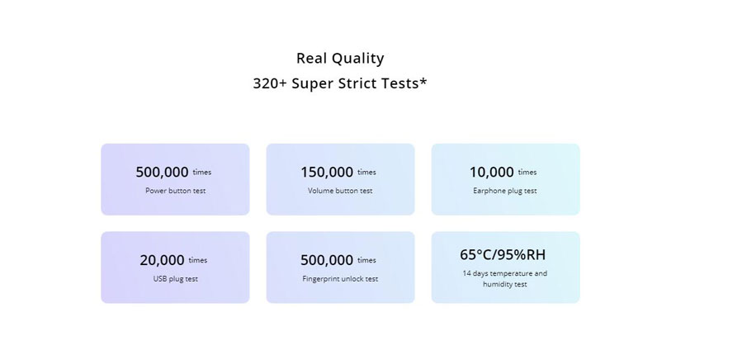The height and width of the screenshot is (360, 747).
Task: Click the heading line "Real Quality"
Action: (340, 59)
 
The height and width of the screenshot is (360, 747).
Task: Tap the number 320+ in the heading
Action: (270, 83)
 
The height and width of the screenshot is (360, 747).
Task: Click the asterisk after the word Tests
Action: (423, 81)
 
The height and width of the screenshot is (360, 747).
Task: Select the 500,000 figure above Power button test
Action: (162, 172)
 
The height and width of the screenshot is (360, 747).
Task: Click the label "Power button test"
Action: (175, 191)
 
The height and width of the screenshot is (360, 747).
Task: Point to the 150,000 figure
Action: (327, 172)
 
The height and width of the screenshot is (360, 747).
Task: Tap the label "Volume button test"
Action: (340, 191)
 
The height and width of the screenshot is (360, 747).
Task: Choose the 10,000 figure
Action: (492, 172)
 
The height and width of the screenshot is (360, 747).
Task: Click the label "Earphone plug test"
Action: (505, 191)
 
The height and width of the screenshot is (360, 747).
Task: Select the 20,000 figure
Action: (162, 260)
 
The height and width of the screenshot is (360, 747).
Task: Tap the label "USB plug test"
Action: (175, 279)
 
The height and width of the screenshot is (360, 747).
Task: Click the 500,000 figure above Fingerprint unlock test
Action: (327, 260)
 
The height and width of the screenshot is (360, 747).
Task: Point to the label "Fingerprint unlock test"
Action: (340, 279)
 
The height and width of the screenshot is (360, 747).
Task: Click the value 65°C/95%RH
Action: (503, 255)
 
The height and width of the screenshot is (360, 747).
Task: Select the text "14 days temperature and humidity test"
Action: (505, 279)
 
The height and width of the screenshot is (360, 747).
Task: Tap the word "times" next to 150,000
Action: (366, 173)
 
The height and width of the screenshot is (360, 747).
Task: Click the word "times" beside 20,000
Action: (198, 260)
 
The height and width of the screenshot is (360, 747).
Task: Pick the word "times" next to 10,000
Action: (527, 173)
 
